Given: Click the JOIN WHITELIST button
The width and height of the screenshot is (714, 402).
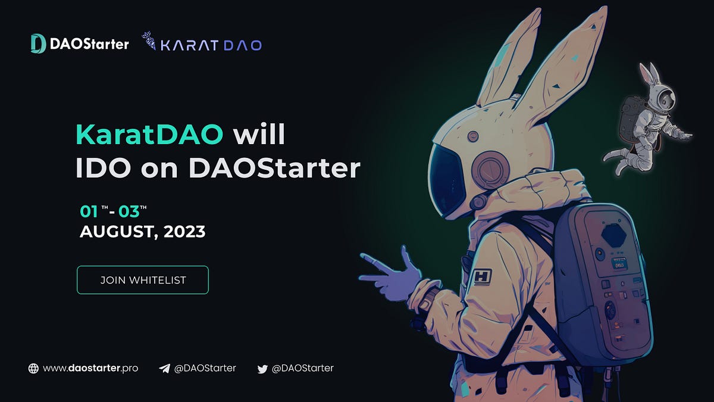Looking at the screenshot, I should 143,280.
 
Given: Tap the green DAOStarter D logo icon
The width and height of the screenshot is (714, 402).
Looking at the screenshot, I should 38,43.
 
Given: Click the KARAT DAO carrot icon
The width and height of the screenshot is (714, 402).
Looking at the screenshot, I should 149,42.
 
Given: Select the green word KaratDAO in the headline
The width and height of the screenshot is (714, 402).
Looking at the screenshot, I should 149,135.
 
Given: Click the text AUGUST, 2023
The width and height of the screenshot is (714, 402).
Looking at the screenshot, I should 143,232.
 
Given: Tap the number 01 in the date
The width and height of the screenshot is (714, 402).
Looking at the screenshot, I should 89,211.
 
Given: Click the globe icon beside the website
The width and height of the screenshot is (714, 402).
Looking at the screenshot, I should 33,369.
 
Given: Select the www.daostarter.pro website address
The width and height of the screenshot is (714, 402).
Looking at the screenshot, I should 90,368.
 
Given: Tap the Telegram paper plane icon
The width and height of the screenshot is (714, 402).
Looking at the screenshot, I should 164,369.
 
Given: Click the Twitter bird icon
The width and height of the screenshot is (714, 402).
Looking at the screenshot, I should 262,369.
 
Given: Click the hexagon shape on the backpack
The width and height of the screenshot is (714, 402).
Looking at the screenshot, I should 615,235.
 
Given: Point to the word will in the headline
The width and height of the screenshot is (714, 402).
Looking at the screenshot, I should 259,135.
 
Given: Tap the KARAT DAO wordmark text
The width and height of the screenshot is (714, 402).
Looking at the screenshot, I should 211,45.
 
